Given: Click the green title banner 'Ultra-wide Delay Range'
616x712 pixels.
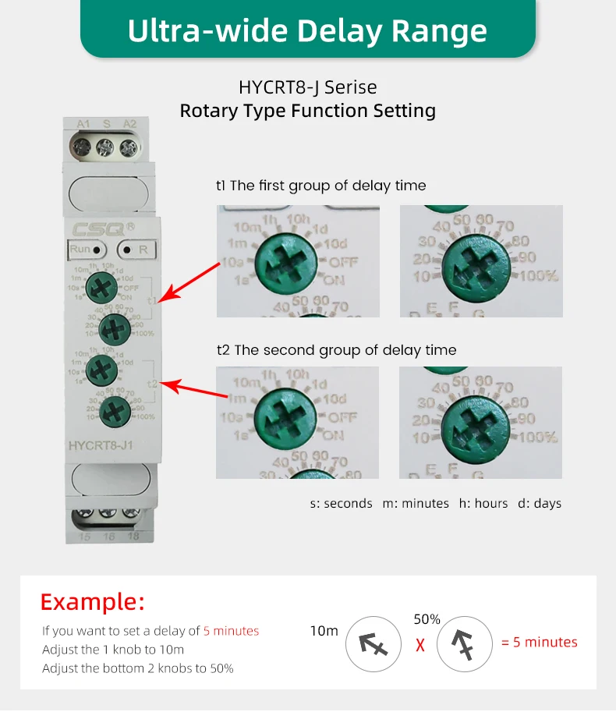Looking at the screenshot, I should (x=307, y=30).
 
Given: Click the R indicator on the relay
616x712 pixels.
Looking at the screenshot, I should (x=137, y=250).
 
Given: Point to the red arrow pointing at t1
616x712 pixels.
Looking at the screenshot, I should (x=192, y=282).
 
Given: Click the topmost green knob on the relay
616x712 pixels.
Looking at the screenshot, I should (x=101, y=287).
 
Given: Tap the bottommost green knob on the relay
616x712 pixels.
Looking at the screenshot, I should (x=114, y=408).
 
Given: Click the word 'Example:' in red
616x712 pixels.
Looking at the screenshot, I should (x=92, y=602).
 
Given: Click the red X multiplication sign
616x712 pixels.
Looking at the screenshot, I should (x=420, y=646).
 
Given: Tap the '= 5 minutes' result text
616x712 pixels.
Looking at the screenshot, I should (x=539, y=643).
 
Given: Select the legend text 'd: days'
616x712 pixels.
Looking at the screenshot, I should (x=540, y=504).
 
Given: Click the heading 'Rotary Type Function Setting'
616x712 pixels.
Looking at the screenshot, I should (x=307, y=111).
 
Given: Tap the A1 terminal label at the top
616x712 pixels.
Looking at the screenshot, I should (x=83, y=123).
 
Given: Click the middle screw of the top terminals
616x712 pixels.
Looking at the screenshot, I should (x=105, y=145).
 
